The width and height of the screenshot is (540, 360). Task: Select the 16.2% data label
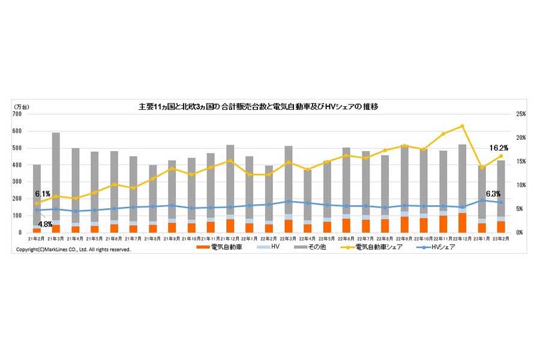499,148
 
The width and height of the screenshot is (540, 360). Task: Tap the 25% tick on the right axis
520,114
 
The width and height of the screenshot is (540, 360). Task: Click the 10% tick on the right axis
520,185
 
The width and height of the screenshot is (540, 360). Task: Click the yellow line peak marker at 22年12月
463,126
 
